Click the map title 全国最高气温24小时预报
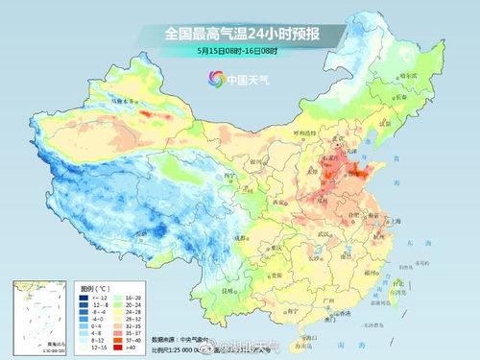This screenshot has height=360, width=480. pyautogui.click(x=240, y=33)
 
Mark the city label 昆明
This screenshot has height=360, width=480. pyautogui.click(x=227, y=288)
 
